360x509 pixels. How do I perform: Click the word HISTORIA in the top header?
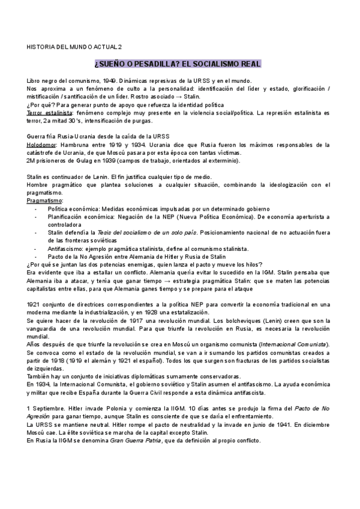[40, 46]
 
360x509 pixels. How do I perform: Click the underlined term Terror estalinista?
[49, 112]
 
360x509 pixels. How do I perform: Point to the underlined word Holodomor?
[44, 145]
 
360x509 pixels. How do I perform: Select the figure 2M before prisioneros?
[32, 160]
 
